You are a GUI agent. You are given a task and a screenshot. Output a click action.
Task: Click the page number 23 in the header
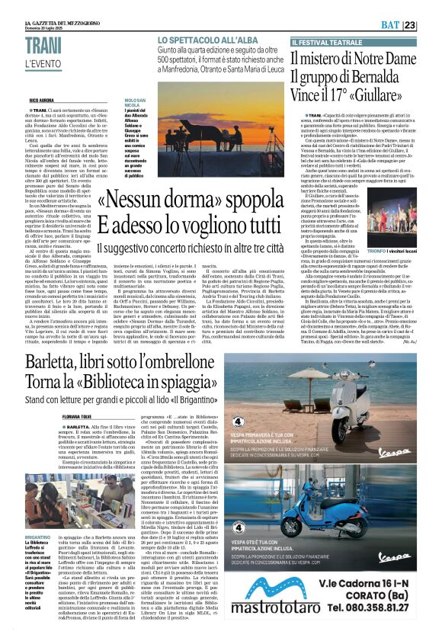point(431,25)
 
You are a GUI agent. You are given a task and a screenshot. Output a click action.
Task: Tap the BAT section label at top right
point(412,25)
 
